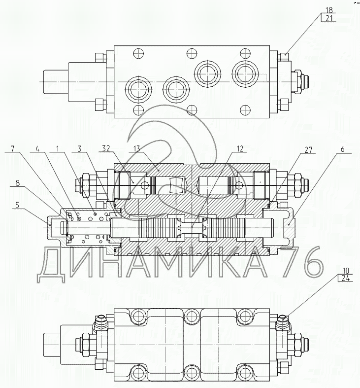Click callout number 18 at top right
tap(329, 9)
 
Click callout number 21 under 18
tap(329, 19)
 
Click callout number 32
tap(106, 148)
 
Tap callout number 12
tap(240, 148)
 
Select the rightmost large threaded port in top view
tap(243, 74)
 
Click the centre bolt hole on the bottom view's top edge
tap(192, 315)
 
